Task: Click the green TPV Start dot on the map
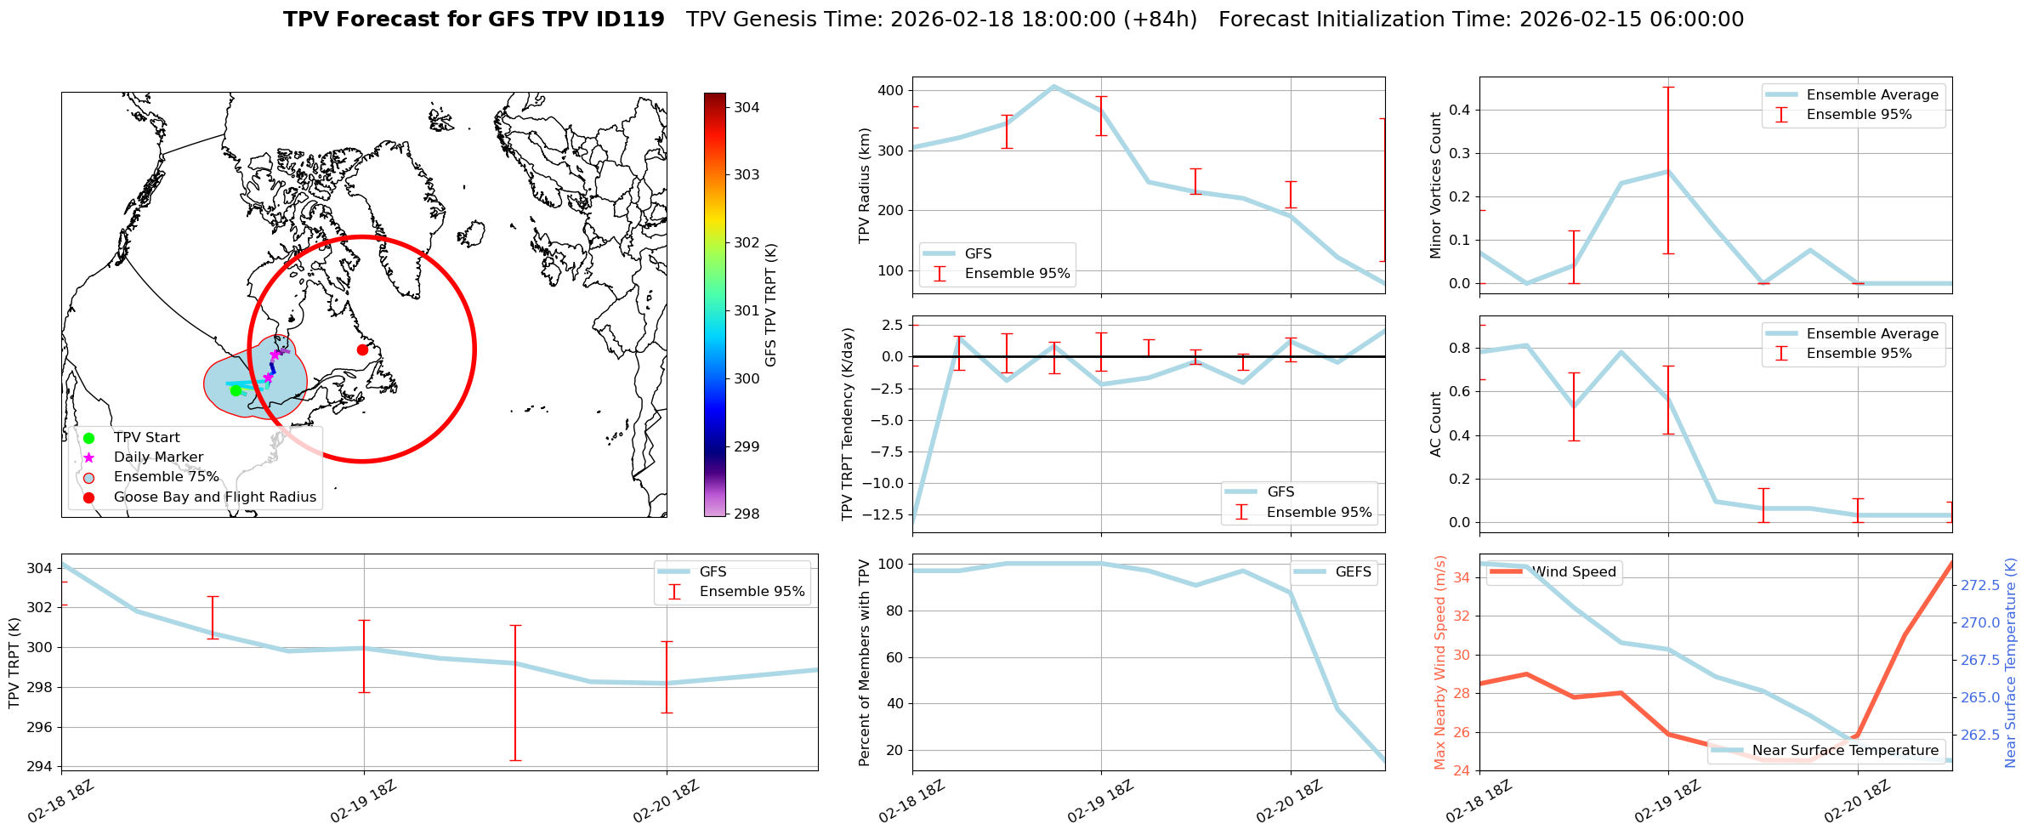click(x=236, y=390)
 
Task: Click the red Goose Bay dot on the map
click(x=362, y=349)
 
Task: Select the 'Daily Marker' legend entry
click(x=158, y=457)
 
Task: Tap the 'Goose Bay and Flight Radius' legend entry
click(x=214, y=497)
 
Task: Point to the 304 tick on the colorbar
click(x=747, y=107)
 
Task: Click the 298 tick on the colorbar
click(x=747, y=514)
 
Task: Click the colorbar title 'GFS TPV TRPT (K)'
click(x=771, y=305)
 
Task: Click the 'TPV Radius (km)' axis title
click(x=865, y=185)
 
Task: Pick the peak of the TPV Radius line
click(x=1054, y=86)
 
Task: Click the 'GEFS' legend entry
click(x=1353, y=572)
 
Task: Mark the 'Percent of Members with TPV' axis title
click(x=865, y=662)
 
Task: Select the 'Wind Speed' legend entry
click(x=1574, y=572)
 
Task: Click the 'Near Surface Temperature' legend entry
click(x=1845, y=751)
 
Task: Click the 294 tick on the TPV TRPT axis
click(x=40, y=767)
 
